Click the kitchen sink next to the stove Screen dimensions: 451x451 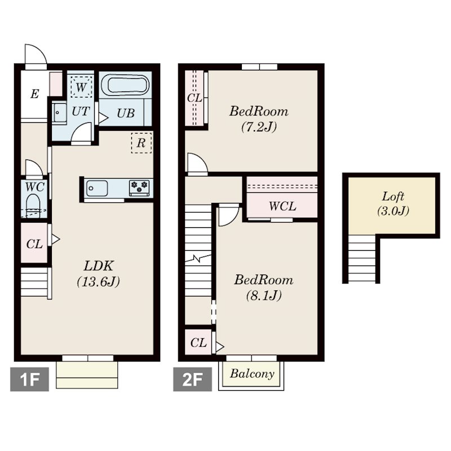(96, 188)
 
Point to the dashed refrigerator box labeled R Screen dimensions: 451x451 (142, 143)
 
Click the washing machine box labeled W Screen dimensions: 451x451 (81, 87)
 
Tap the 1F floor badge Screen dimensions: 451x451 (29, 379)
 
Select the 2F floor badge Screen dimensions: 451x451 (192, 379)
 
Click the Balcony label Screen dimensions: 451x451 (252, 374)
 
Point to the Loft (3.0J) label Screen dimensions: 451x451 (393, 204)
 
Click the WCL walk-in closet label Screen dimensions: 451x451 (282, 206)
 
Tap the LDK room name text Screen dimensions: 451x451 (99, 266)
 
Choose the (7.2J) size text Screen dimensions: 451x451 (259, 126)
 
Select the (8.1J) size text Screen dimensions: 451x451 (264, 295)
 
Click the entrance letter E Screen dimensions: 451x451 (34, 94)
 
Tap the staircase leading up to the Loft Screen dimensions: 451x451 (362, 259)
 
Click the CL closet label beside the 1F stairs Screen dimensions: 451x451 (34, 244)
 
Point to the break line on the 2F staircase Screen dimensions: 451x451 (198, 258)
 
